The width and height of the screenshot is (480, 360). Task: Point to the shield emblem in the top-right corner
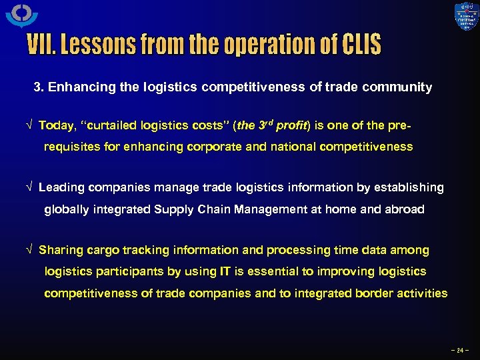(465, 17)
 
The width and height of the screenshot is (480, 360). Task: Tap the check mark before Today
(29, 125)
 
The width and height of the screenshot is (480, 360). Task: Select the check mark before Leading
(29, 188)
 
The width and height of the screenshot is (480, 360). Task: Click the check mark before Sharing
(29, 251)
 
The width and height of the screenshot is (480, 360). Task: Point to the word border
(375, 293)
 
